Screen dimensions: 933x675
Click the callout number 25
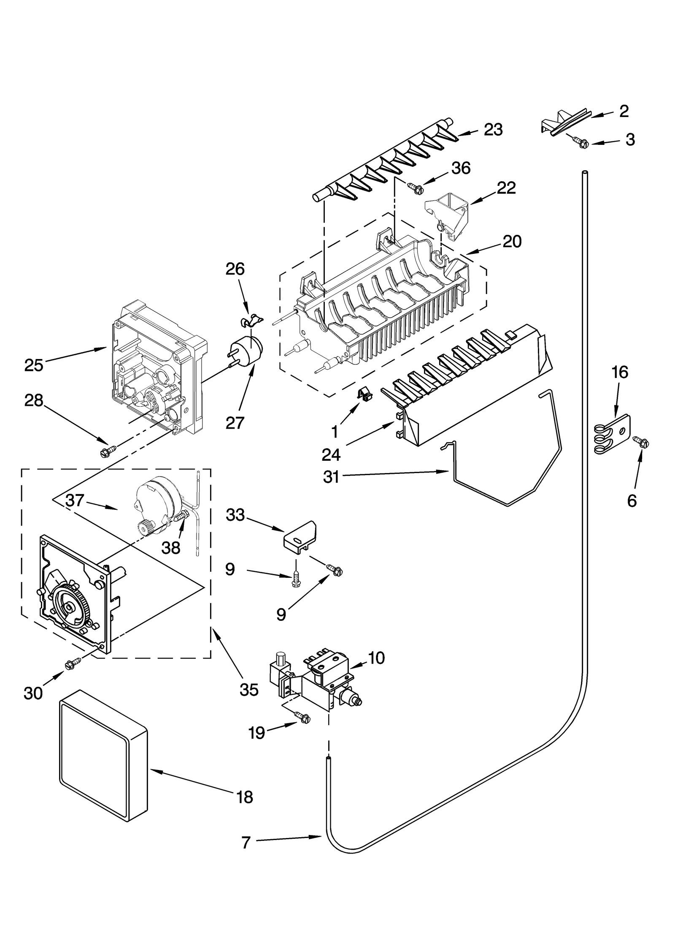pyautogui.click(x=34, y=364)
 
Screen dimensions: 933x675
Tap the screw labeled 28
pyautogui.click(x=104, y=452)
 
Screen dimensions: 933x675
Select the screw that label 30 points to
pyautogui.click(x=70, y=665)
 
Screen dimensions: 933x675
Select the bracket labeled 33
pyautogui.click(x=300, y=539)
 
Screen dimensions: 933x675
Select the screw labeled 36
pyautogui.click(x=415, y=188)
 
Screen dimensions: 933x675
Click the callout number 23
pyautogui.click(x=493, y=130)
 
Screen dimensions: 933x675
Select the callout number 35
pyautogui.click(x=248, y=690)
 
